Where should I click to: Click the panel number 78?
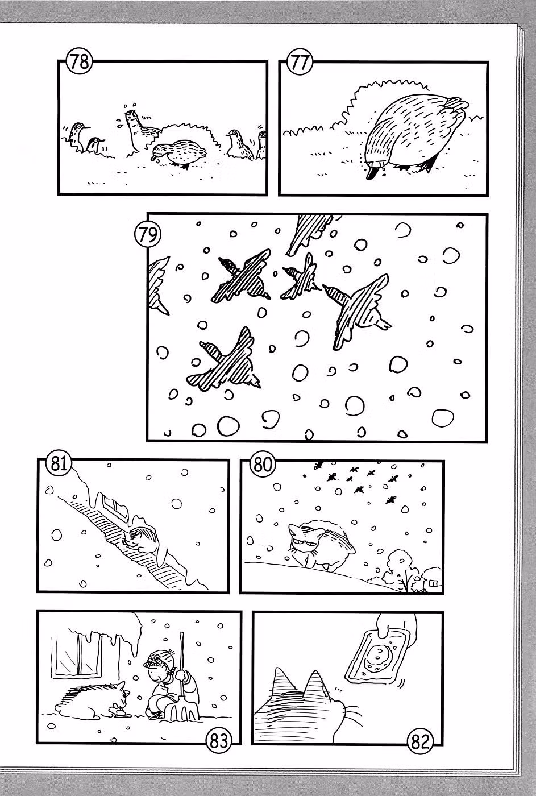tap(80, 61)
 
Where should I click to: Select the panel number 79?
tap(148, 235)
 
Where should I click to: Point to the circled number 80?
tap(263, 464)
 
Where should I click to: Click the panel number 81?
tap(60, 464)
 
